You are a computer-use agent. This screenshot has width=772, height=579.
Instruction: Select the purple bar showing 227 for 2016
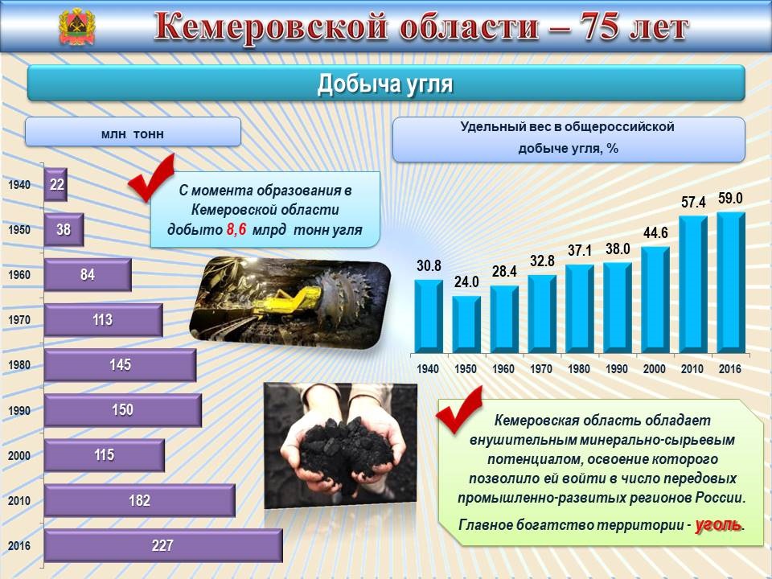click(163, 545)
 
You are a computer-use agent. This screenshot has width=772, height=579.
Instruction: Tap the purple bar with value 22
click(55, 185)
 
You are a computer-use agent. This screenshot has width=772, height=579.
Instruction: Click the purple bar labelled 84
click(88, 275)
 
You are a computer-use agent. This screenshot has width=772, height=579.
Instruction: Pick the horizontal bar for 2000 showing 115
click(105, 455)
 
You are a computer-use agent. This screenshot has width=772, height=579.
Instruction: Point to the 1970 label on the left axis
click(19, 320)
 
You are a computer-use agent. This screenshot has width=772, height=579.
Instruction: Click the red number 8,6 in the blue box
click(236, 229)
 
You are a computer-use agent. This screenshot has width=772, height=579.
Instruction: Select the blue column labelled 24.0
click(466, 324)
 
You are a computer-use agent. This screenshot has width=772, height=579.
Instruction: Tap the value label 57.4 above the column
click(693, 202)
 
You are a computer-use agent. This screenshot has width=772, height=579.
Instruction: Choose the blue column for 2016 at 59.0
click(731, 282)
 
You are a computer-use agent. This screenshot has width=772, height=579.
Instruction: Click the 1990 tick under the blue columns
click(617, 369)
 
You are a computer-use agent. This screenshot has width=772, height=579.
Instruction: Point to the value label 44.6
click(655, 232)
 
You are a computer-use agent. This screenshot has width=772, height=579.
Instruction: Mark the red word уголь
click(718, 525)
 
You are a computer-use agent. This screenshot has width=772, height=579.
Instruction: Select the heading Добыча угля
click(385, 84)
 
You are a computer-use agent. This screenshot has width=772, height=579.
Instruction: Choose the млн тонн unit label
click(133, 134)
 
